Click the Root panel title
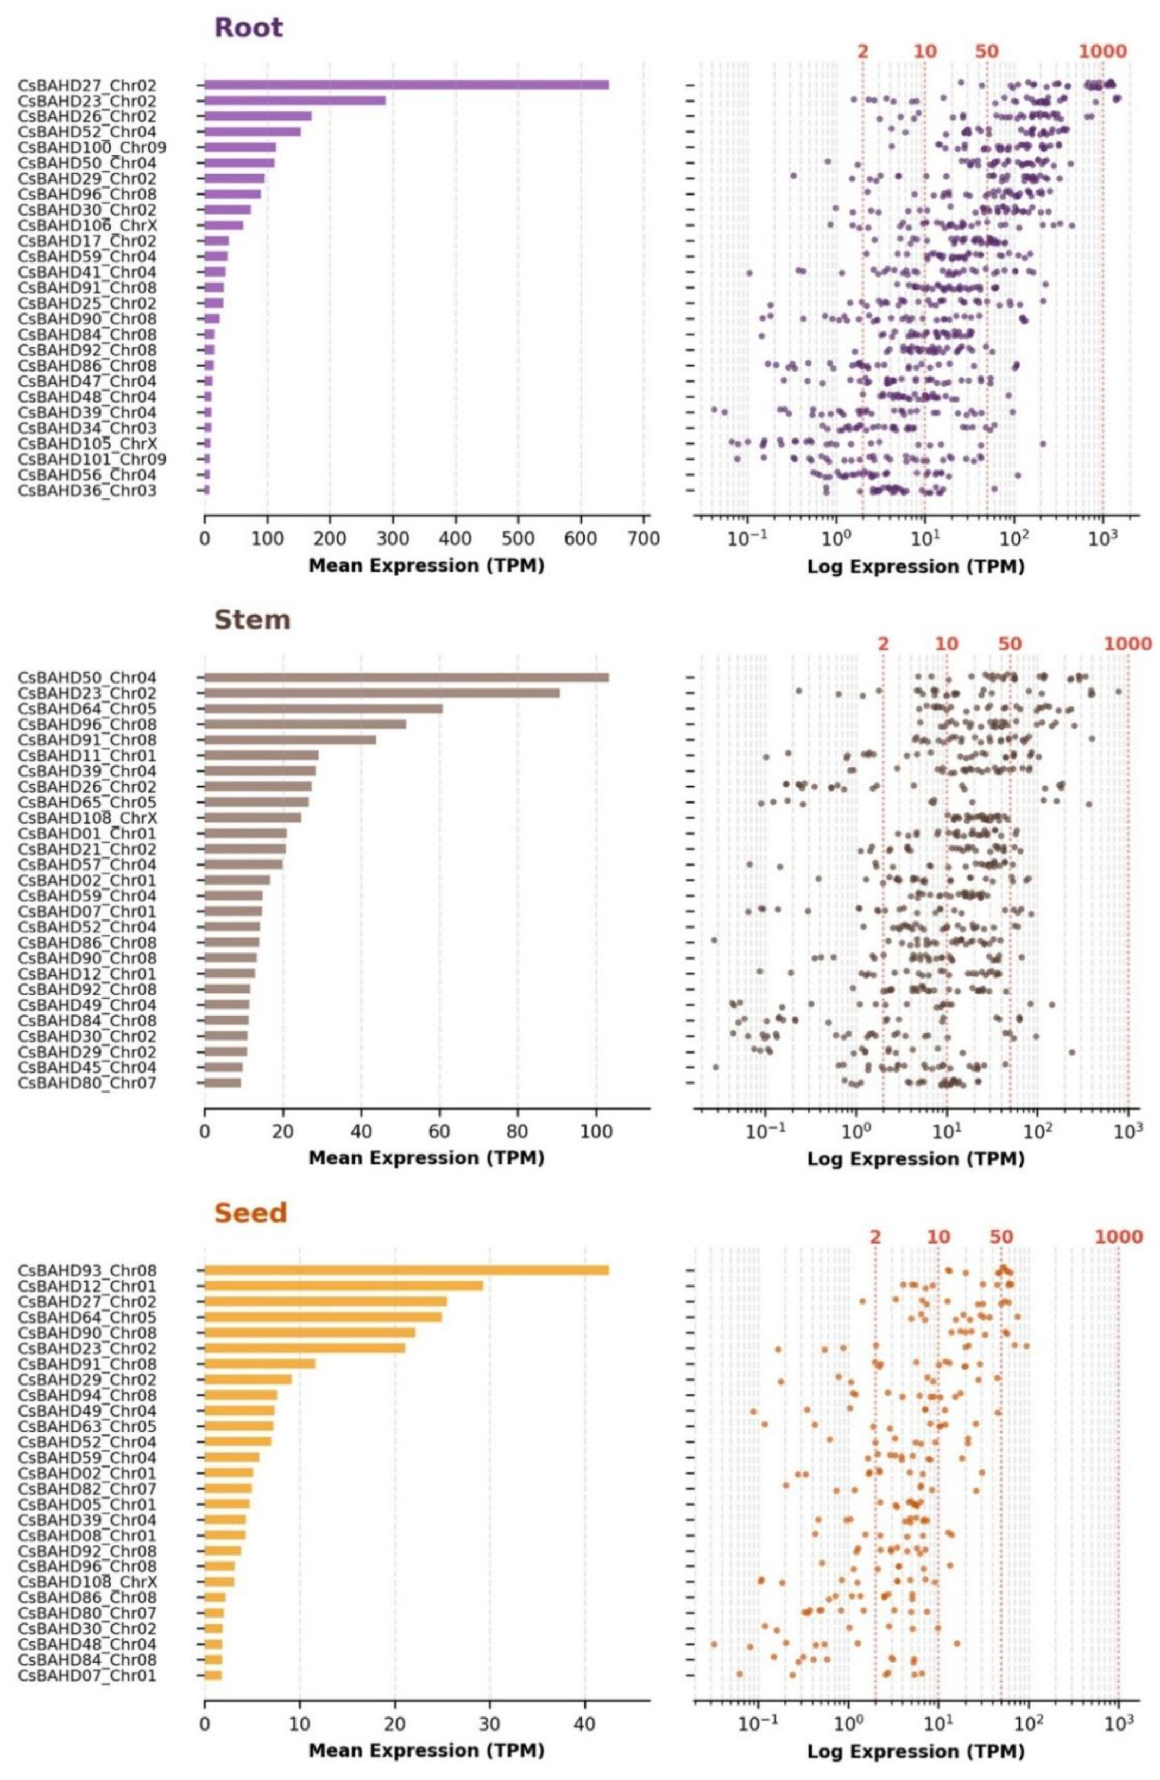[248, 28]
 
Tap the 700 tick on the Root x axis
[644, 538]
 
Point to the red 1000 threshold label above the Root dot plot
[1102, 52]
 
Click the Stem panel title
[252, 620]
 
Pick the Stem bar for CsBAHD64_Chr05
[323, 709]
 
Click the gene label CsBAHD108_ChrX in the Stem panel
[87, 817]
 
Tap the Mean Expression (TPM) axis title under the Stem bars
[426, 1158]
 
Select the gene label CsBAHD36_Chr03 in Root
[87, 491]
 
